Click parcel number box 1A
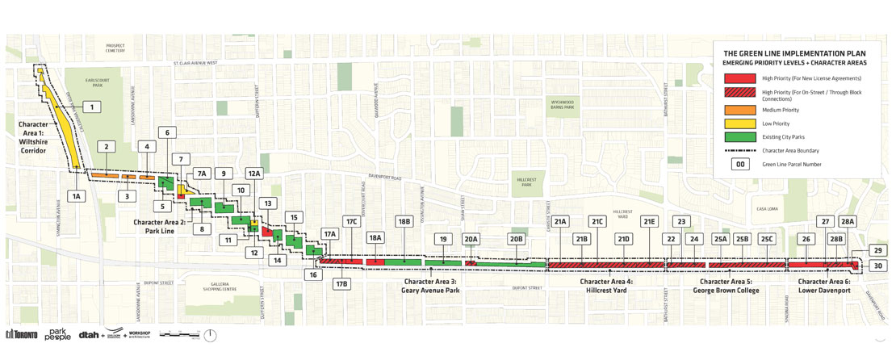77,196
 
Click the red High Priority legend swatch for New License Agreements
739,78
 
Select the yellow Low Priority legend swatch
739,123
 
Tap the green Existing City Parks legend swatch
739,137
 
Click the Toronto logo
22,335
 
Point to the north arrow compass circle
211,335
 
